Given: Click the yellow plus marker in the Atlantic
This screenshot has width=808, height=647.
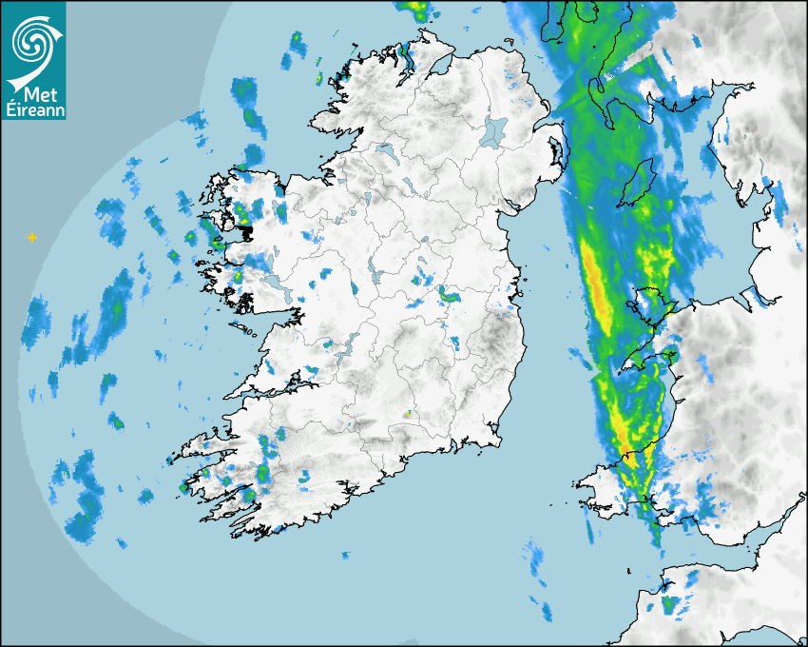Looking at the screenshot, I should click(x=32, y=236).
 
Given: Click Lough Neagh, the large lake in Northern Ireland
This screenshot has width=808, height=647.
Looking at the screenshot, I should click(x=494, y=130).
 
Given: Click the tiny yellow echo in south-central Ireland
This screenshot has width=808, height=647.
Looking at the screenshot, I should click(x=407, y=414).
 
